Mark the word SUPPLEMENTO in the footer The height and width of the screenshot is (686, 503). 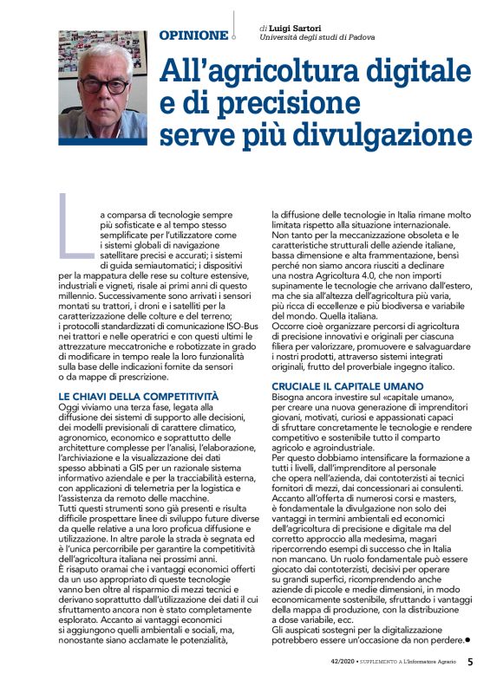coord(375,663)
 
